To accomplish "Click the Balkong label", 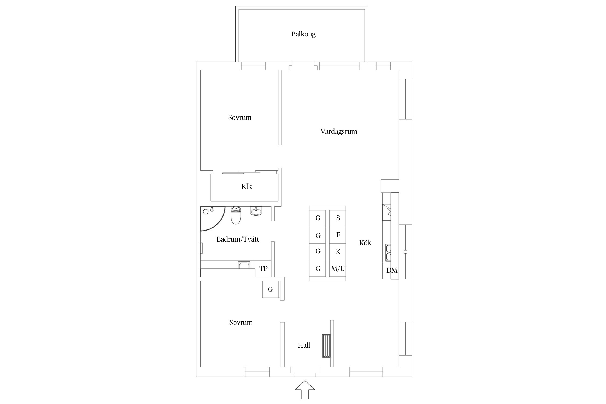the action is coord(303,34).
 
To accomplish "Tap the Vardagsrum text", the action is coord(339,132).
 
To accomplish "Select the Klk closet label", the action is coord(246,186).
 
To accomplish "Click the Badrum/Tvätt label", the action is coord(238,239).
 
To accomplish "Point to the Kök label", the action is coord(365,243).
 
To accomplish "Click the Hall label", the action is coord(304,345).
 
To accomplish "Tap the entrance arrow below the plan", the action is coord(305,389).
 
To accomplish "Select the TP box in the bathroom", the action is coord(263,269).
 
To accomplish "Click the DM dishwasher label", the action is coord(392,270).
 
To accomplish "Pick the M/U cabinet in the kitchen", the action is coord(338,269).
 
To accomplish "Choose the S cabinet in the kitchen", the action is coord(338,218).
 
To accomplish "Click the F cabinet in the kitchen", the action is coord(338,235).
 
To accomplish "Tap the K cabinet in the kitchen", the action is coord(338,252).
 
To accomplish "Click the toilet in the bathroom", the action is coord(236,215).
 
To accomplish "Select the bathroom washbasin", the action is coord(256,211).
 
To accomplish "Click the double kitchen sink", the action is coord(388,253).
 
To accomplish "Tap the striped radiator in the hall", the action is coord(326,346).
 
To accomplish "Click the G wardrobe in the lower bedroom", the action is coord(271,289).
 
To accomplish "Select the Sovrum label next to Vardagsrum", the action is coord(240,118).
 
